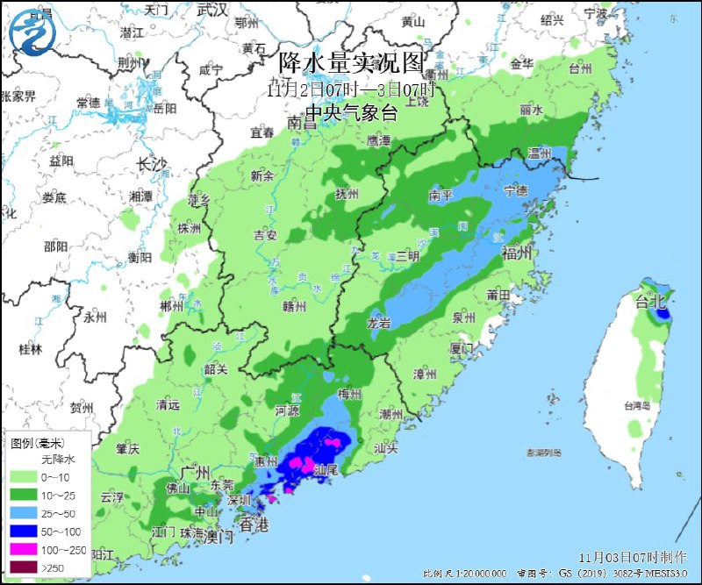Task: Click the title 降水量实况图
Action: (x=351, y=63)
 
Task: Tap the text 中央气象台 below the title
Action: (x=351, y=111)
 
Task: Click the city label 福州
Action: (x=516, y=253)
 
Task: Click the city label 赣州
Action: (x=293, y=306)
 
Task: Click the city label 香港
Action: (x=254, y=525)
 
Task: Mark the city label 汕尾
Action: (x=326, y=471)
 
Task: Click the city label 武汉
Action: (x=211, y=10)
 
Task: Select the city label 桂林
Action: (x=30, y=349)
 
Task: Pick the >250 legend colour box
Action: (x=20, y=568)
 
